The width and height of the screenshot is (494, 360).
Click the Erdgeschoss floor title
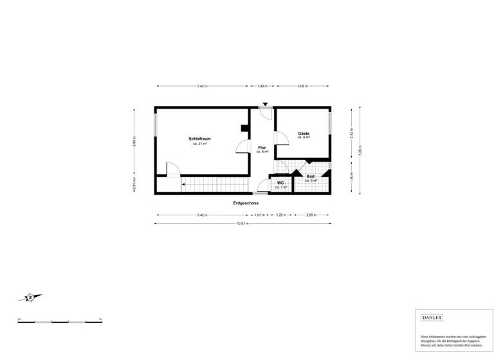click(246, 203)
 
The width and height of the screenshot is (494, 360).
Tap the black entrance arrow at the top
click(266, 105)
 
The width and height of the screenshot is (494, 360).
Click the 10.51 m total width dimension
click(242, 224)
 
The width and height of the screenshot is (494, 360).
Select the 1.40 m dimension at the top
click(262, 86)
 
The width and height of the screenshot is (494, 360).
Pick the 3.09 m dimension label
click(302, 86)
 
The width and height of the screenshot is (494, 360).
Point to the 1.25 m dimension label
click(280, 215)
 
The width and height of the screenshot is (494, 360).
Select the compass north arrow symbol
click(30, 297)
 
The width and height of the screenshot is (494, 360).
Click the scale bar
click(60, 320)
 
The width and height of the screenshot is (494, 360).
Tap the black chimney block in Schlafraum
click(244, 128)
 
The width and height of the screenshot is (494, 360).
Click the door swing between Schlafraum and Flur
click(243, 147)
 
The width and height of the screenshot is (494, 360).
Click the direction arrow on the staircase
click(184, 185)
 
